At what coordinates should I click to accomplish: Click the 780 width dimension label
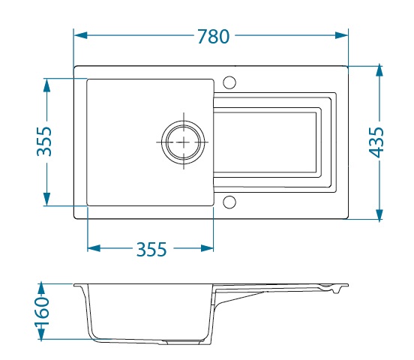click(214, 37)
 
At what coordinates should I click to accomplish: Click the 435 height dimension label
click(376, 142)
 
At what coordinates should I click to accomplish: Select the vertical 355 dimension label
click(44, 142)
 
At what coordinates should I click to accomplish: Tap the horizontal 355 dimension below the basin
click(151, 249)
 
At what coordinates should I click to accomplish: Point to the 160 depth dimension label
click(42, 312)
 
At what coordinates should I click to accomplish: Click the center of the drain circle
click(184, 142)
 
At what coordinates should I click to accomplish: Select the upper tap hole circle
click(229, 82)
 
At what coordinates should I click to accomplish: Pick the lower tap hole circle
click(229, 202)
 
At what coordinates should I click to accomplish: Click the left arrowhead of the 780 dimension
click(80, 35)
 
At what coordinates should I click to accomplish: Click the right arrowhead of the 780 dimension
click(342, 35)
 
